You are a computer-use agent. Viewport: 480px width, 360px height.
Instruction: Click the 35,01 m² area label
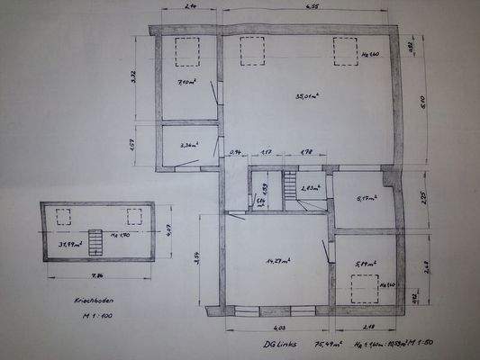(307, 95)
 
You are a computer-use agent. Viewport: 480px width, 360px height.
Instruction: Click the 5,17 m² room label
(367, 199)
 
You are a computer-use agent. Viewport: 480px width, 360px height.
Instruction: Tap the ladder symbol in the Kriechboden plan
(95, 242)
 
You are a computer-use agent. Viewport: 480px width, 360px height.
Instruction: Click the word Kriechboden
(81, 302)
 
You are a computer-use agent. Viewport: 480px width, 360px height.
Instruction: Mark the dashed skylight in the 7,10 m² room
(187, 51)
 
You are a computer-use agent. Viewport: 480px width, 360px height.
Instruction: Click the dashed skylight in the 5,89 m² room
(365, 289)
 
